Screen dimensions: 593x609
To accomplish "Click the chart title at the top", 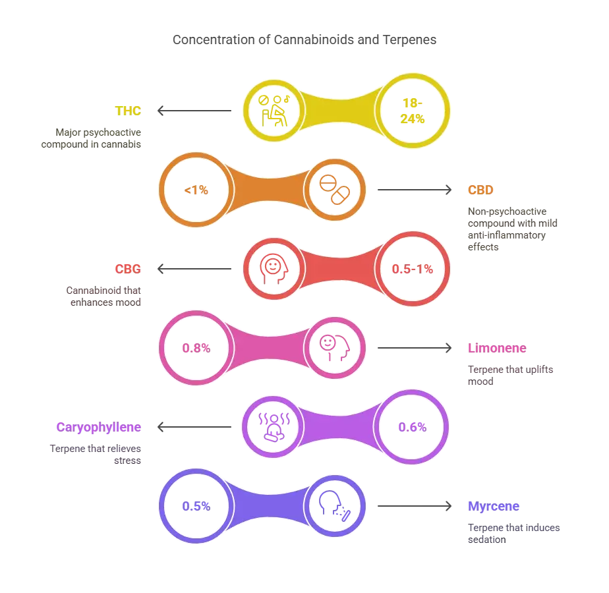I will [x=303, y=41].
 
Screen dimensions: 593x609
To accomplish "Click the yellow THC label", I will [x=129, y=111].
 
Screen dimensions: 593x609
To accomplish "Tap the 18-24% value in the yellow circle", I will [x=413, y=111].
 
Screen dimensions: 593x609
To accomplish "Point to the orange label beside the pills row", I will [x=480, y=190].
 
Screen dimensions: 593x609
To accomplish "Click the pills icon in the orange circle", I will [x=335, y=190].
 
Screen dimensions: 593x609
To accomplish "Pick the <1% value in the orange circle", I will [x=197, y=190].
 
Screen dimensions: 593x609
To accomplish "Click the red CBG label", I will [x=128, y=269].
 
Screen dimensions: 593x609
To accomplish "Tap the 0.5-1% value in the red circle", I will [x=413, y=269].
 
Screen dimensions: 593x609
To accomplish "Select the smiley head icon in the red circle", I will [x=272, y=269].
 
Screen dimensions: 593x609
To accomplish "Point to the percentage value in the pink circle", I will [x=196, y=348].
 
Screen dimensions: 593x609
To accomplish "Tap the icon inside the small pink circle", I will [x=335, y=348].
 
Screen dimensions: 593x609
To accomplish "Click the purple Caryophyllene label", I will [x=98, y=427].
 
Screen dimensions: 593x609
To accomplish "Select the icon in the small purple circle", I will [x=272, y=427].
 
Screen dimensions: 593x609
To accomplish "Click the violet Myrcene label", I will [x=493, y=506].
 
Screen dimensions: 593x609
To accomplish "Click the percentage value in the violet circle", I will [x=196, y=506].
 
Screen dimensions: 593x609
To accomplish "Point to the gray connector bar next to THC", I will [x=192, y=111].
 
